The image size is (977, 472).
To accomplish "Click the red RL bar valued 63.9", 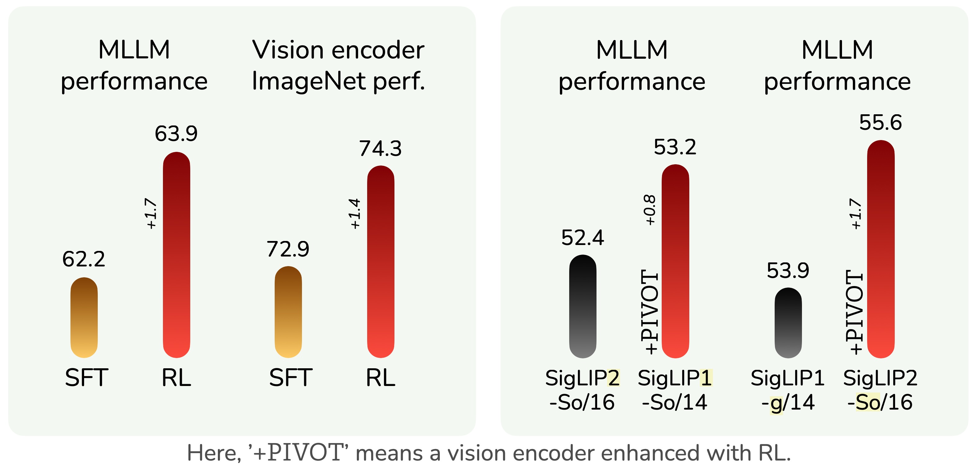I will pyautogui.click(x=176, y=255).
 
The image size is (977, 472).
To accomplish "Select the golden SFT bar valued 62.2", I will pyautogui.click(x=84, y=318).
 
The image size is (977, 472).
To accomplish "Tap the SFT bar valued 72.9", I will pyautogui.click(x=288, y=312).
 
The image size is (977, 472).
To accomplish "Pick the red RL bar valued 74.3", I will pyautogui.click(x=380, y=262).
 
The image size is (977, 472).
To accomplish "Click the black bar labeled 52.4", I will pyautogui.click(x=583, y=306).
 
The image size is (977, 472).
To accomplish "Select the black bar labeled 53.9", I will pyautogui.click(x=788, y=323).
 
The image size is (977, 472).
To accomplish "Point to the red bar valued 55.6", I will pyautogui.click(x=881, y=249).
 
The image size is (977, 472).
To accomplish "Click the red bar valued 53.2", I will pyautogui.click(x=675, y=261).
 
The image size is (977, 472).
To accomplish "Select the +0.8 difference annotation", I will pyautogui.click(x=650, y=210).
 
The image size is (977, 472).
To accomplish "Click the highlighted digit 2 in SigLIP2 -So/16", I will pyautogui.click(x=613, y=378).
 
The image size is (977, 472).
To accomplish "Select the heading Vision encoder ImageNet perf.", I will pyautogui.click(x=338, y=65).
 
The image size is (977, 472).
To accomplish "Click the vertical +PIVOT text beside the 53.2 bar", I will pyautogui.click(x=649, y=312).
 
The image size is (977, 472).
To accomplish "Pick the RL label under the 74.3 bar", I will pyautogui.click(x=380, y=378).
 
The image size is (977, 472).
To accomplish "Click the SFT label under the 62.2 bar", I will pyautogui.click(x=87, y=378).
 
